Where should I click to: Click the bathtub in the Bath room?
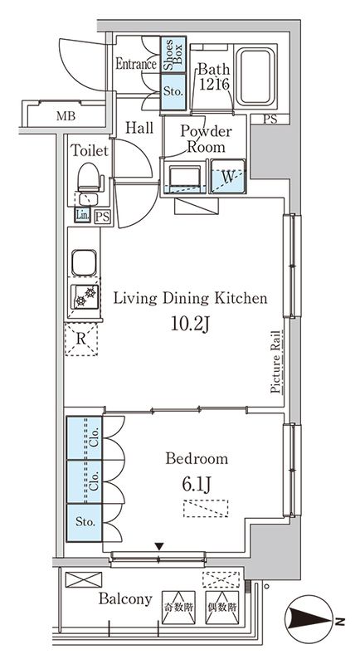255,76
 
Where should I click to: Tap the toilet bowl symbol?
89,177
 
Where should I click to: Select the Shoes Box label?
173,55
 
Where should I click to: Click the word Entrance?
136,65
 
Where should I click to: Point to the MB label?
66,116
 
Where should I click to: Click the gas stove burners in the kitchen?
85,296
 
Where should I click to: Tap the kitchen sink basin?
84,262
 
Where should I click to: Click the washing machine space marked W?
228,176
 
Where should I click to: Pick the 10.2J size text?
190,325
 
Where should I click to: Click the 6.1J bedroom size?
197,485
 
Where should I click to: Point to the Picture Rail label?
276,362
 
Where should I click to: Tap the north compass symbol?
309,621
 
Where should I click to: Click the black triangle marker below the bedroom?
159,547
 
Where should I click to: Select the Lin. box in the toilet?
82,215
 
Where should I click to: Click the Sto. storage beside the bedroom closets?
84,523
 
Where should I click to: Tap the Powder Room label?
206,139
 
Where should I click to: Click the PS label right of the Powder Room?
270,120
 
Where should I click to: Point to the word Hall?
139,128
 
